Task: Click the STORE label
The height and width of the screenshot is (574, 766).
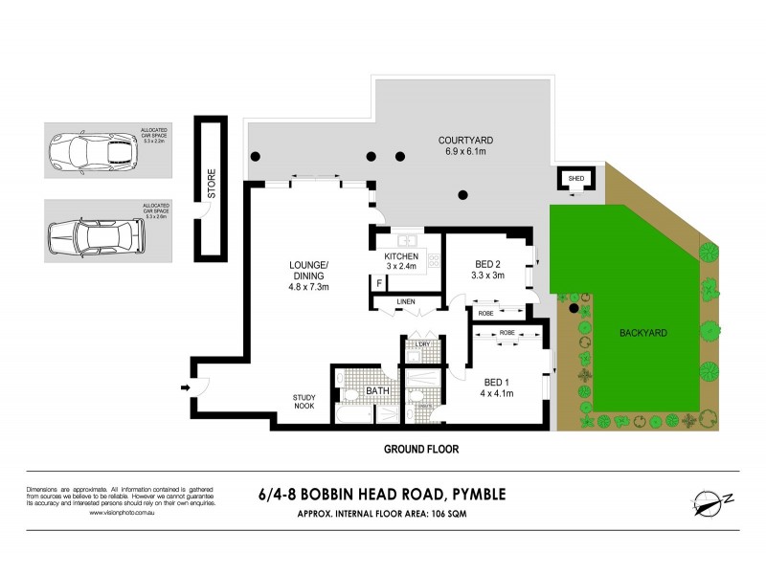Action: [212, 185]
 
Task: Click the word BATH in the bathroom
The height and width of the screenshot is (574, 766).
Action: [378, 390]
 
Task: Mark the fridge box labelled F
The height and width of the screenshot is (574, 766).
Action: [379, 284]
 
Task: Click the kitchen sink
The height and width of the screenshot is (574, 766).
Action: [406, 240]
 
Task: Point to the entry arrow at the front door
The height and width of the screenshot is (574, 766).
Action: [184, 387]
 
